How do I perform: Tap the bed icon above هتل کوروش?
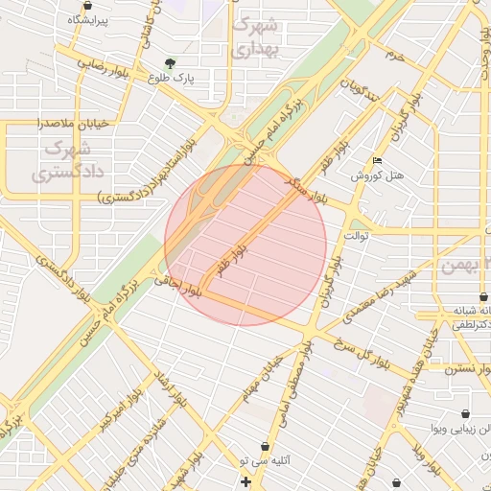pyautogui.click(x=377, y=160)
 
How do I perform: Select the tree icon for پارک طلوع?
pyautogui.click(x=171, y=64)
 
